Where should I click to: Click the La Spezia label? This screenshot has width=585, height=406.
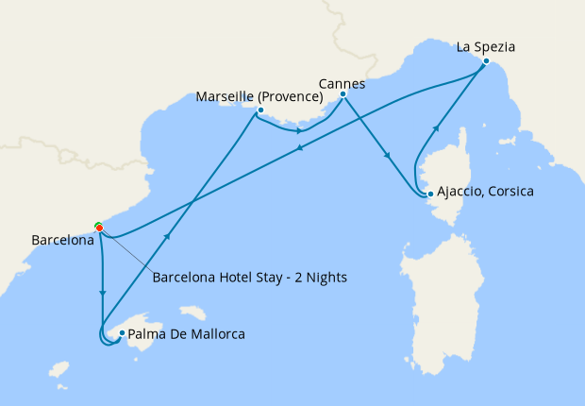pyautogui.click(x=486, y=45)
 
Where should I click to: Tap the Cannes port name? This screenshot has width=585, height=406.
pyautogui.click(x=342, y=82)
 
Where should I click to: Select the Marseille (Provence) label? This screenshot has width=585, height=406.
pyautogui.click(x=259, y=96)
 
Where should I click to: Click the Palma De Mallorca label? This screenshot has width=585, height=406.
pyautogui.click(x=186, y=333)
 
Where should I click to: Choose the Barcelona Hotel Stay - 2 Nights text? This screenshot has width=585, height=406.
pyautogui.click(x=250, y=278)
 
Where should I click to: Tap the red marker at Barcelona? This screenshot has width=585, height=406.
pyautogui.click(x=99, y=228)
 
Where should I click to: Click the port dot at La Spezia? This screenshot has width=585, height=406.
pyautogui.click(x=486, y=61)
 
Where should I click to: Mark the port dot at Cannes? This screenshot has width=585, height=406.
pyautogui.click(x=343, y=94)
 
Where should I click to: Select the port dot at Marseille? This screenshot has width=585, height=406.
pyautogui.click(x=259, y=110)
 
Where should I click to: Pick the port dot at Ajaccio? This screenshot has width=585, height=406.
pyautogui.click(x=430, y=195)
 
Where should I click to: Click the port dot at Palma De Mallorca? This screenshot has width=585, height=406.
pyautogui.click(x=121, y=332)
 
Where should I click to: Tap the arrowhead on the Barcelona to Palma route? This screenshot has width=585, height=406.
pyautogui.click(x=102, y=294)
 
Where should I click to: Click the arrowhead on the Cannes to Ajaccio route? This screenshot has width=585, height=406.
pyautogui.click(x=387, y=156)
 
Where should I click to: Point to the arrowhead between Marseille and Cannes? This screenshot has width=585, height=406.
pyautogui.click(x=299, y=130)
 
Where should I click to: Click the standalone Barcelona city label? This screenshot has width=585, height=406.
pyautogui.click(x=63, y=241)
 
